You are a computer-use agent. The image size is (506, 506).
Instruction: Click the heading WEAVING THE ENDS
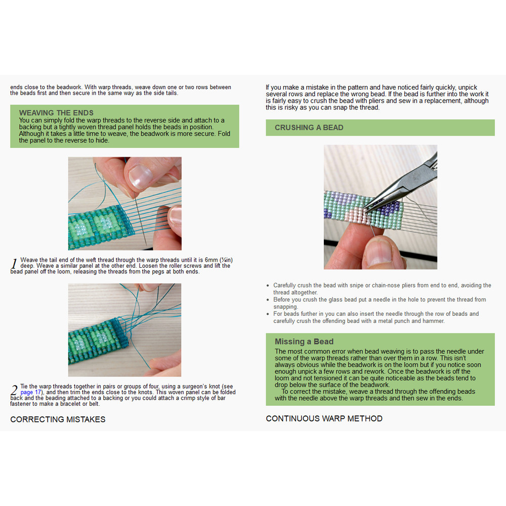point(56,113)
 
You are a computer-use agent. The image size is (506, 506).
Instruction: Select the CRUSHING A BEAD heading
point(309,128)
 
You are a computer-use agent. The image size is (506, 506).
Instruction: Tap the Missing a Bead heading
point(304,342)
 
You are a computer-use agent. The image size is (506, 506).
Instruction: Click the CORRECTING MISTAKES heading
point(58,419)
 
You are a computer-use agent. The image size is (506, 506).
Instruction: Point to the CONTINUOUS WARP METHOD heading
point(324,418)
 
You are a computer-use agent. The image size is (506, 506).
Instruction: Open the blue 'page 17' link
point(31,392)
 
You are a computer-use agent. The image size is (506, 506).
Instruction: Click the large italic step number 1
point(14,264)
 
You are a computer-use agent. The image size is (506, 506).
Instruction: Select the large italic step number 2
point(14,390)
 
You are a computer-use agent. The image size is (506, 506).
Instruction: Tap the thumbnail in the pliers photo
point(385,252)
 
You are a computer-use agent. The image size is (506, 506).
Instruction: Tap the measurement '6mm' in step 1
point(210,260)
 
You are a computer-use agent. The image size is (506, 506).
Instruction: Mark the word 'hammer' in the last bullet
point(434,321)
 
